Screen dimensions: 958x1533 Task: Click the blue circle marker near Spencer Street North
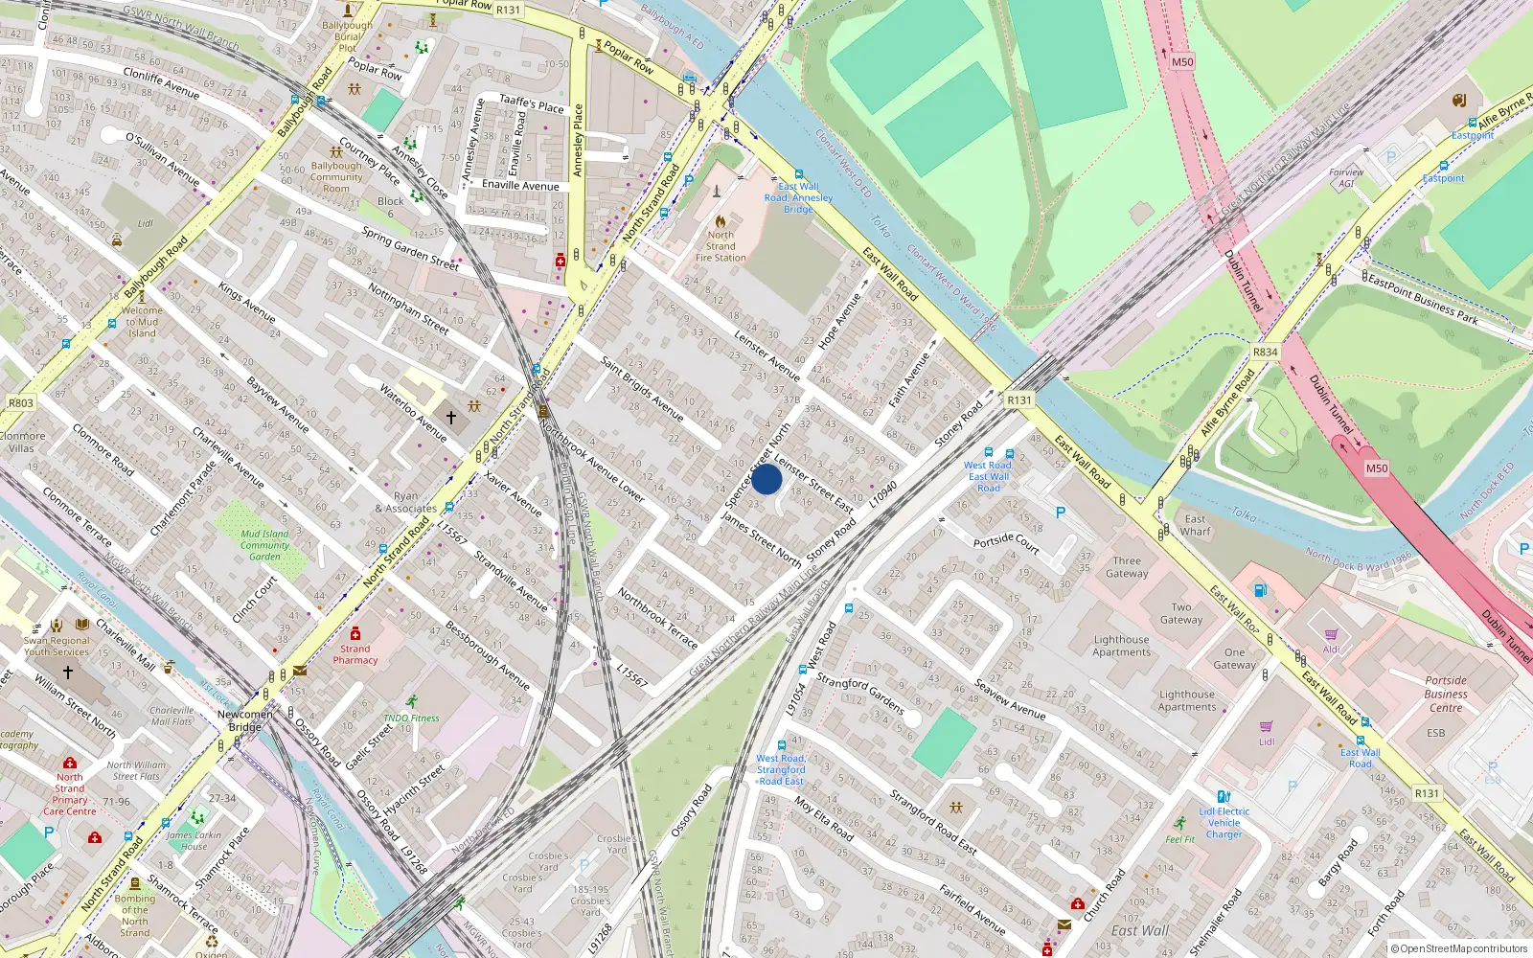click(766, 479)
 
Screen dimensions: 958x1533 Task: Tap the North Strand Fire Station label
click(721, 246)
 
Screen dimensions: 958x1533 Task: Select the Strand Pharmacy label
click(355, 654)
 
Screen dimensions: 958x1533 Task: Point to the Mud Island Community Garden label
click(264, 545)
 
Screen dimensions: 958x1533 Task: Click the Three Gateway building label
click(1127, 567)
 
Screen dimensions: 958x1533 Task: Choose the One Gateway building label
click(1234, 658)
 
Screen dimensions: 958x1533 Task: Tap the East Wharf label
click(1195, 525)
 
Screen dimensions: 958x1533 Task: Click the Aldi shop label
click(1331, 649)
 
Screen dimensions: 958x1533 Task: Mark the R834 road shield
click(1265, 352)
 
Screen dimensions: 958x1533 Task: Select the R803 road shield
click(21, 403)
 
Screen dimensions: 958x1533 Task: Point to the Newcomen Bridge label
click(244, 720)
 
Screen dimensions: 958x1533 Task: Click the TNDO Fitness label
click(411, 718)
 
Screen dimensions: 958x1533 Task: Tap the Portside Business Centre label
click(1445, 694)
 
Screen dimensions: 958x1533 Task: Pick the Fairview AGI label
click(1346, 178)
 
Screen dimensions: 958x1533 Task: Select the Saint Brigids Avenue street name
click(641, 389)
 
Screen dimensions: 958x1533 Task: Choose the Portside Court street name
click(1006, 543)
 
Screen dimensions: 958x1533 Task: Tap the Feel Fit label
click(1180, 839)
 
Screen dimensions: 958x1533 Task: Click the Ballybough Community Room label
click(336, 177)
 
